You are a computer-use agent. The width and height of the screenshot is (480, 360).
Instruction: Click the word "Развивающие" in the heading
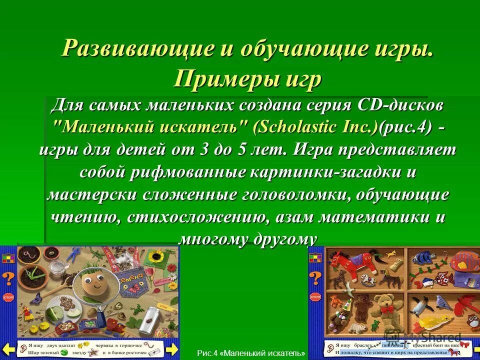(x=132, y=48)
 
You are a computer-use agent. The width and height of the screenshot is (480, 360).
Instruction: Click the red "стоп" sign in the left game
(x=8, y=296)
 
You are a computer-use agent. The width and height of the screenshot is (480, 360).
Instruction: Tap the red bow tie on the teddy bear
(x=387, y=310)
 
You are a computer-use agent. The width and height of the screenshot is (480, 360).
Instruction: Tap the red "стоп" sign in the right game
(x=315, y=296)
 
